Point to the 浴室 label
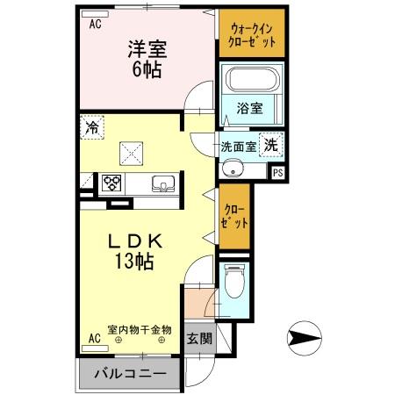click(x=250, y=109)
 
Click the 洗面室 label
click(x=238, y=147)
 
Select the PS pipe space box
click(x=278, y=171)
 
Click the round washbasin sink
click(x=233, y=169)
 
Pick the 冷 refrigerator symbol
click(x=92, y=128)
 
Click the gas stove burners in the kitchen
click(x=113, y=183)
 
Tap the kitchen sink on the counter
click(x=163, y=183)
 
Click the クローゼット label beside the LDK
click(x=233, y=217)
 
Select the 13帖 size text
click(x=133, y=262)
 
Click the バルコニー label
click(x=131, y=375)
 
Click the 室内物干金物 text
click(x=139, y=330)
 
